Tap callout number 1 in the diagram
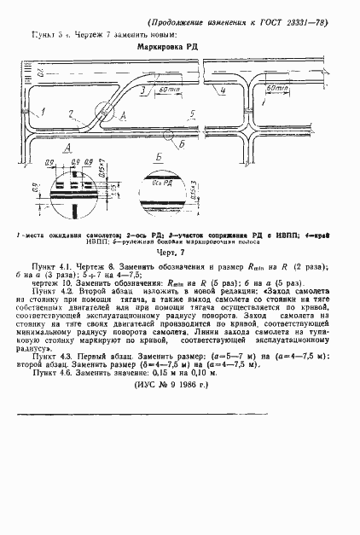pyautogui.click(x=39, y=112)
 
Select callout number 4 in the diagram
pyautogui.click(x=222, y=90)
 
